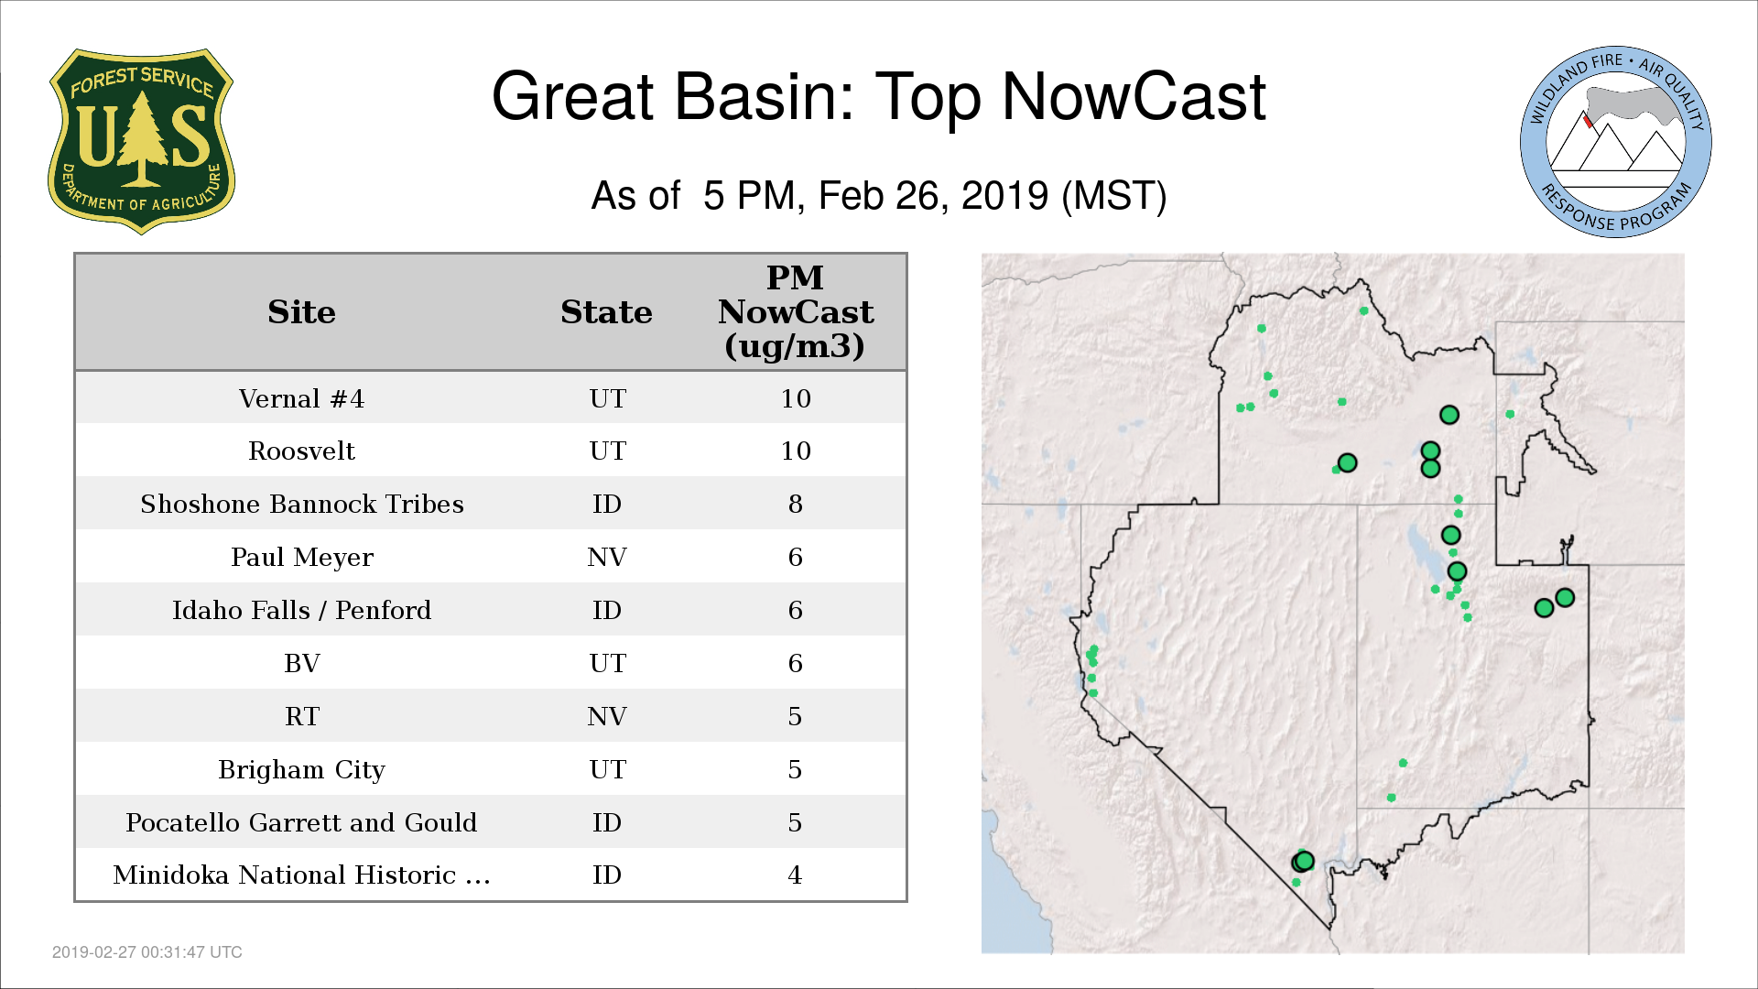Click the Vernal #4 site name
[x=301, y=398]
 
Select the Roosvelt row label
[x=301, y=451]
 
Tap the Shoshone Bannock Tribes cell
[x=301, y=504]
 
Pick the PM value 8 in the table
[x=795, y=504]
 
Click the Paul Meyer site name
[x=301, y=557]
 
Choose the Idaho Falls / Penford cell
[x=301, y=610]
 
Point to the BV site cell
[x=301, y=663]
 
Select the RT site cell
[x=301, y=716]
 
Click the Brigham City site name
[x=301, y=769]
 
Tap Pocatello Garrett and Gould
[x=301, y=822]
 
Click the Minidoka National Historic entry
[x=301, y=875]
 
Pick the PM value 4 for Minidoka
[x=795, y=875]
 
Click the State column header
[x=606, y=312]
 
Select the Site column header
[x=301, y=312]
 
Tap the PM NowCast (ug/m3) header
[x=795, y=311]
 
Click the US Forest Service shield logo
[x=141, y=142]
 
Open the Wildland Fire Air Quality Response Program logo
[x=1616, y=142]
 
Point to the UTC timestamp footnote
[x=147, y=952]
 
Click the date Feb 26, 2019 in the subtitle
[x=933, y=196]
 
